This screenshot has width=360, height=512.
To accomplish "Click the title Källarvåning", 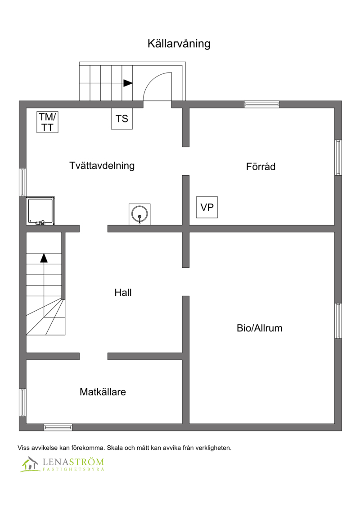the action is [x=179, y=44].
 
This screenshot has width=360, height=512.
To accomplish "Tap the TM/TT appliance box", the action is [x=47, y=122].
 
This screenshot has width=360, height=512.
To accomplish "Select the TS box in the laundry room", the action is [x=122, y=118].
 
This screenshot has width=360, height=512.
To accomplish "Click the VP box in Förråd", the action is [x=207, y=207].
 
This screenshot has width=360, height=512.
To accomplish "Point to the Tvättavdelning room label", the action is [x=102, y=166].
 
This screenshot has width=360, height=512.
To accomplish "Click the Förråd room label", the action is [x=261, y=167].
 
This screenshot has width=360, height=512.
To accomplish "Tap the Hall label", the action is [x=123, y=293].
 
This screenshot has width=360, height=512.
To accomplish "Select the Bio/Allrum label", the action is [x=260, y=328].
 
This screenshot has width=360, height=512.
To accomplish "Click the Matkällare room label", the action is [x=103, y=392].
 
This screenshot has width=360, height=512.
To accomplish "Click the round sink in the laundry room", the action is [x=139, y=214].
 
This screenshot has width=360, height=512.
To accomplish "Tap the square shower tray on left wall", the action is [x=40, y=211].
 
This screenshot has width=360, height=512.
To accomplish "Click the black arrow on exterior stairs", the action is [x=128, y=83].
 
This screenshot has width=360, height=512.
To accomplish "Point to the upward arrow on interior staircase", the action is [x=44, y=258].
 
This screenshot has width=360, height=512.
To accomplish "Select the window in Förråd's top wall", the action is [x=262, y=104].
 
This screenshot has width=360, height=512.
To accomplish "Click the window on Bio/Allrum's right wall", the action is [x=338, y=321].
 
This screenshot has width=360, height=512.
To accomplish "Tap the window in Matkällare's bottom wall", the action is [x=58, y=427].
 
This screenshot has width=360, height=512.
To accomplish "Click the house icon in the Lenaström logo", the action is [x=30, y=464].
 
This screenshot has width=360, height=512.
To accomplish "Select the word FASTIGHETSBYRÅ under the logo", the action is [x=73, y=469].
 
